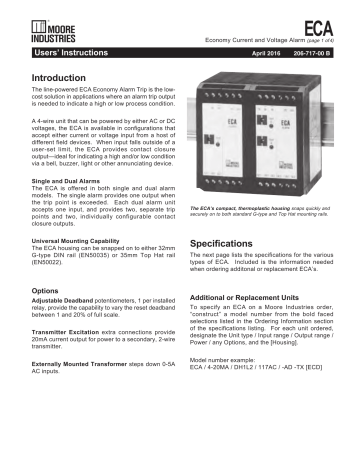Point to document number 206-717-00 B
304,48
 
